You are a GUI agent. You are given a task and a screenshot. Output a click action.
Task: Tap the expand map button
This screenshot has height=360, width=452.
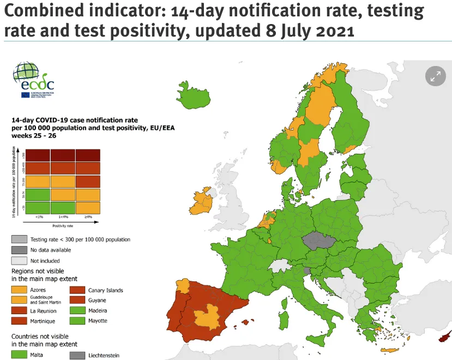point(435,77)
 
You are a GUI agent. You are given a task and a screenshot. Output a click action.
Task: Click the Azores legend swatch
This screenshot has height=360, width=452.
point(19,290)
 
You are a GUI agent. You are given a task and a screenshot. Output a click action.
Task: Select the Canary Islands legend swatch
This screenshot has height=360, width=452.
point(77,290)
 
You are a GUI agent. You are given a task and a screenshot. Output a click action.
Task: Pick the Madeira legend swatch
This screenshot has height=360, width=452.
point(77,310)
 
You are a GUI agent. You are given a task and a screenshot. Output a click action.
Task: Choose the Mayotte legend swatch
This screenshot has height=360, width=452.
point(77,321)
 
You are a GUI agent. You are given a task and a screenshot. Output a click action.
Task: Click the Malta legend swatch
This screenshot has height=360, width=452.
point(19,355)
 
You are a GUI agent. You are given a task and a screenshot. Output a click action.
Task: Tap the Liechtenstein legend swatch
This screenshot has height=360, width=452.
point(77,355)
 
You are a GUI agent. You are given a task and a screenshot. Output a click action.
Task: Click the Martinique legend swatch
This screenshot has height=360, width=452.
point(19,321)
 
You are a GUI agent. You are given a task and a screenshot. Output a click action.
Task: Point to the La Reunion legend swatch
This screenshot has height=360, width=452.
point(19,310)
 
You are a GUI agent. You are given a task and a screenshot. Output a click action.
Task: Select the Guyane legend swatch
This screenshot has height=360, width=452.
point(77,300)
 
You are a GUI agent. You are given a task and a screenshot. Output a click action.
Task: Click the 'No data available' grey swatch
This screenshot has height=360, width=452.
point(19,250)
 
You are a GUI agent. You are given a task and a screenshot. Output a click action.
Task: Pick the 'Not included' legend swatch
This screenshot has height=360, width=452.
point(19,260)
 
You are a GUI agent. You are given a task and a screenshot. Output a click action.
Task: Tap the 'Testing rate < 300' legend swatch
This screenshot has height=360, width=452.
point(19,239)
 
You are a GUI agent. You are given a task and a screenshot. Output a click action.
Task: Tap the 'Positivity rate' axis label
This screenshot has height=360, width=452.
point(63,225)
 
